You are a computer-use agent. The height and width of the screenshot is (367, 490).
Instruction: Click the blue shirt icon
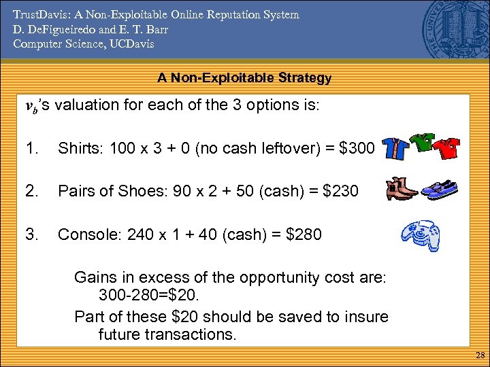coord(395,149)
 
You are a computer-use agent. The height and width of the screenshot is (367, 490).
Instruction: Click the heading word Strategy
coord(304,78)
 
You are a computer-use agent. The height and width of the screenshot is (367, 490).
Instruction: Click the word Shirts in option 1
coord(78,148)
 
